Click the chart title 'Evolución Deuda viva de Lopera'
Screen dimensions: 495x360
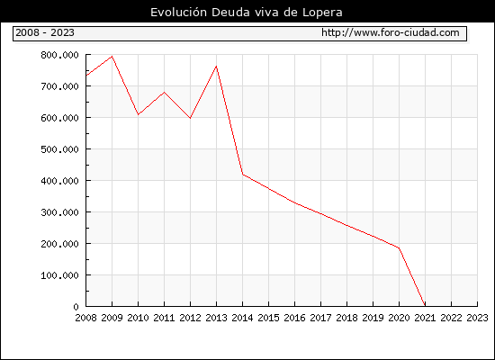click(x=247, y=13)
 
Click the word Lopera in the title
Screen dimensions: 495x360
click(x=322, y=13)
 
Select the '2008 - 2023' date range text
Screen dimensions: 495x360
click(x=45, y=32)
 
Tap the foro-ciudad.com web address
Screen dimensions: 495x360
click(x=391, y=32)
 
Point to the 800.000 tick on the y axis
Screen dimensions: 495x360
click(x=59, y=55)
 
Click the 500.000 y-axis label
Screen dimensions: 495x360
click(x=59, y=149)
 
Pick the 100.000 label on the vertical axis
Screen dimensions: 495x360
click(x=59, y=275)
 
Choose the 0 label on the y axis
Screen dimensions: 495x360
click(x=76, y=307)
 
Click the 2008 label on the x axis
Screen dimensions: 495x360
click(x=85, y=318)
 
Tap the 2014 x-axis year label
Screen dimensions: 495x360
click(x=242, y=318)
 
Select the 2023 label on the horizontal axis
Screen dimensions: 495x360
click(x=477, y=318)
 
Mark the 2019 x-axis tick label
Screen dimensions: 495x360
click(x=373, y=318)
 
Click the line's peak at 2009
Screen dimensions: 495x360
click(x=112, y=57)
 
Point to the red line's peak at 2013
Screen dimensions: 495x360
click(x=216, y=66)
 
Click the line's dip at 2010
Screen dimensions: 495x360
click(x=139, y=114)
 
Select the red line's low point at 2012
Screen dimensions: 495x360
click(x=190, y=118)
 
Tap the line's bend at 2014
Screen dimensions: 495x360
click(x=242, y=174)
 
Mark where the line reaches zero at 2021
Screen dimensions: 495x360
click(x=425, y=306)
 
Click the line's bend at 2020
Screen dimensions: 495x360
click(x=399, y=247)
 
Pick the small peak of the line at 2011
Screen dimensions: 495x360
click(x=164, y=92)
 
